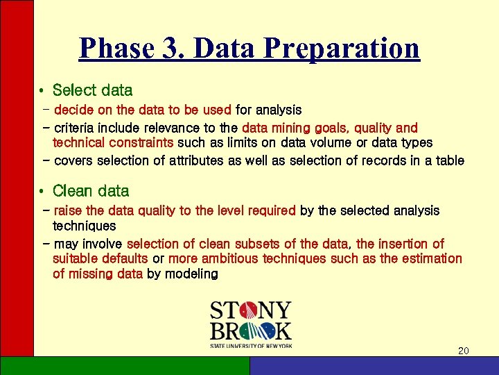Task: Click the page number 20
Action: [464, 351]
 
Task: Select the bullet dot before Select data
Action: [42, 91]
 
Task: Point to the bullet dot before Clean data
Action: [42, 191]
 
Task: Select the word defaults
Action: [124, 258]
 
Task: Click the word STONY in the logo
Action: [250, 311]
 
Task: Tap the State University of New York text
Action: [251, 345]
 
